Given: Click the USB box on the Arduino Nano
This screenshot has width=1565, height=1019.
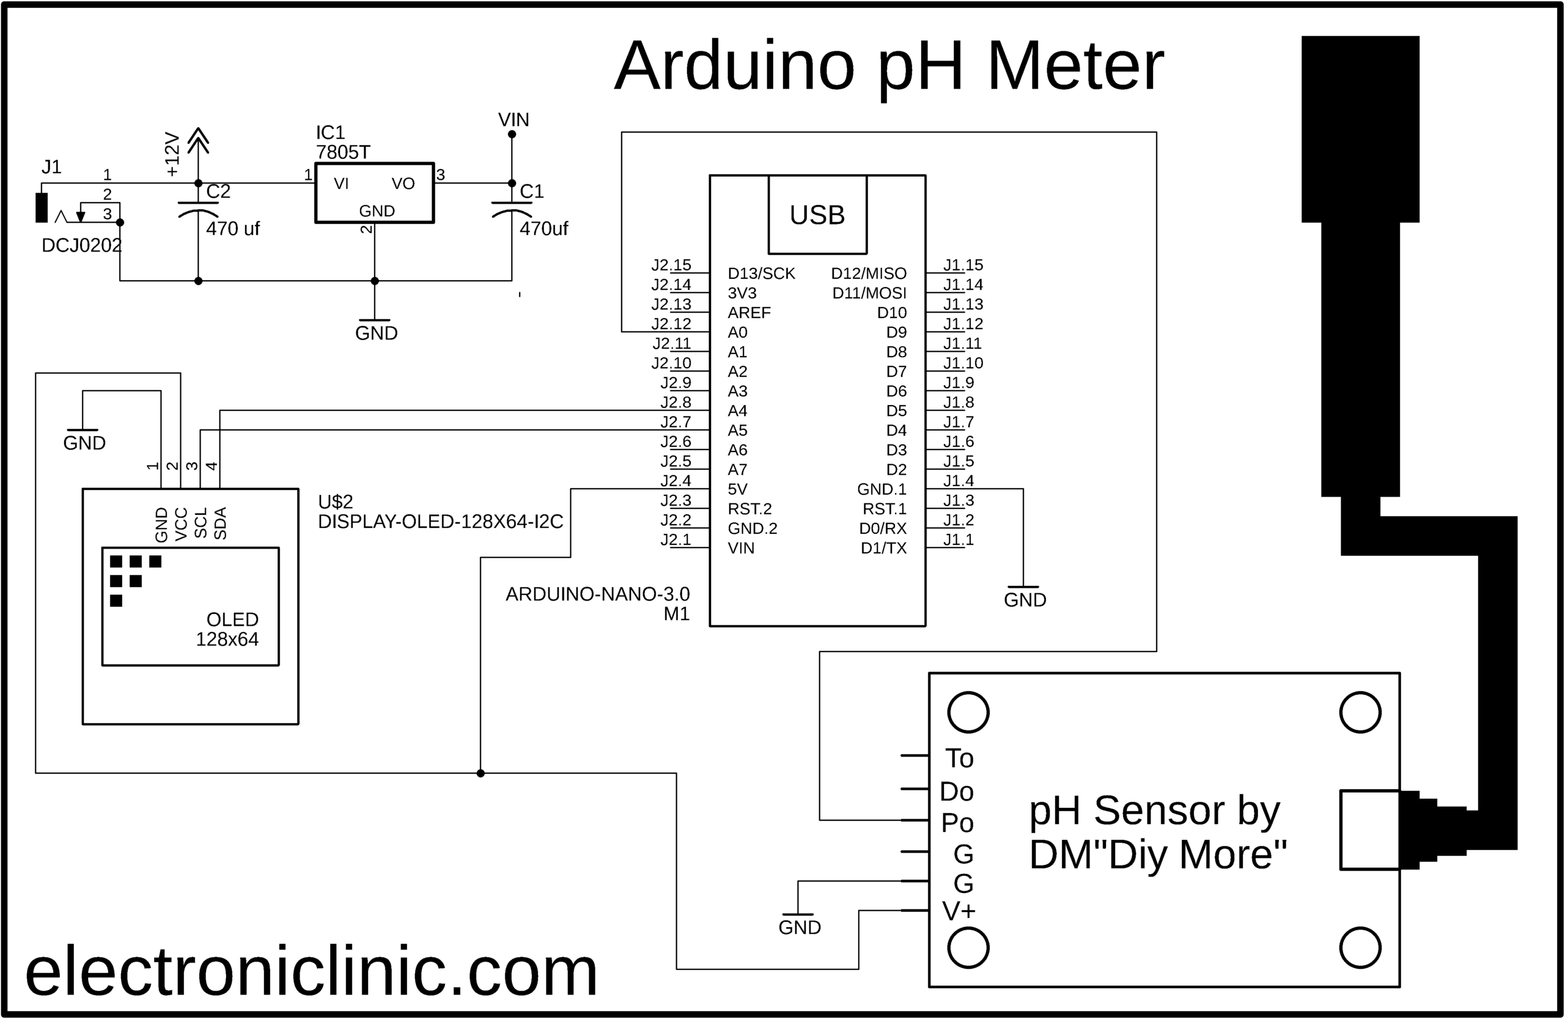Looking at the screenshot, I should pyautogui.click(x=817, y=215).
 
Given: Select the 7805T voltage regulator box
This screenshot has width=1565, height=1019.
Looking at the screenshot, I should pyautogui.click(x=374, y=193).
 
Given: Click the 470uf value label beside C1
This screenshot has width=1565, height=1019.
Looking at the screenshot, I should pyautogui.click(x=543, y=229).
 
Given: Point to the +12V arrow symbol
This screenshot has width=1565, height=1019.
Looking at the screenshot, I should pyautogui.click(x=198, y=140).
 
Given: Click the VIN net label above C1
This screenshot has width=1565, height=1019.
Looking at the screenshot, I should pyautogui.click(x=513, y=120).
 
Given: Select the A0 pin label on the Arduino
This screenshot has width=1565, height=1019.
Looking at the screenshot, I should pyautogui.click(x=737, y=332).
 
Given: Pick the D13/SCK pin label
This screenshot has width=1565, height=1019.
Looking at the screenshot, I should pyautogui.click(x=761, y=273).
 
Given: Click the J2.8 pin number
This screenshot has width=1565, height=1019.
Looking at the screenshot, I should pyautogui.click(x=676, y=402).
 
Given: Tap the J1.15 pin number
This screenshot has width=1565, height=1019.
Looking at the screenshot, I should pyautogui.click(x=963, y=265).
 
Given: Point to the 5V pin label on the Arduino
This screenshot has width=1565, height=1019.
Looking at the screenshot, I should pyautogui.click(x=737, y=489).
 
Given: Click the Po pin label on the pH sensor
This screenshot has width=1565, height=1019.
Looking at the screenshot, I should pyautogui.click(x=957, y=823).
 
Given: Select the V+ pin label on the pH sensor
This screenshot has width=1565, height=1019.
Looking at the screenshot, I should pyautogui.click(x=958, y=911).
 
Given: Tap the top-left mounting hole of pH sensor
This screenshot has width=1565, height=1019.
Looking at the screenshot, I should pyautogui.click(x=968, y=713).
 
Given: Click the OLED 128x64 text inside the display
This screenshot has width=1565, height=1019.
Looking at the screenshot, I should pyautogui.click(x=227, y=629).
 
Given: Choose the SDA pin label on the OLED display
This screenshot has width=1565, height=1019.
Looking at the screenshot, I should pyautogui.click(x=221, y=524).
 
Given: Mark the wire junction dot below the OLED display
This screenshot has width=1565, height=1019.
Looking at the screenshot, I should pyautogui.click(x=481, y=773).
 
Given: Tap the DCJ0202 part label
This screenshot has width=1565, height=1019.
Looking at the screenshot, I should pyautogui.click(x=81, y=246).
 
